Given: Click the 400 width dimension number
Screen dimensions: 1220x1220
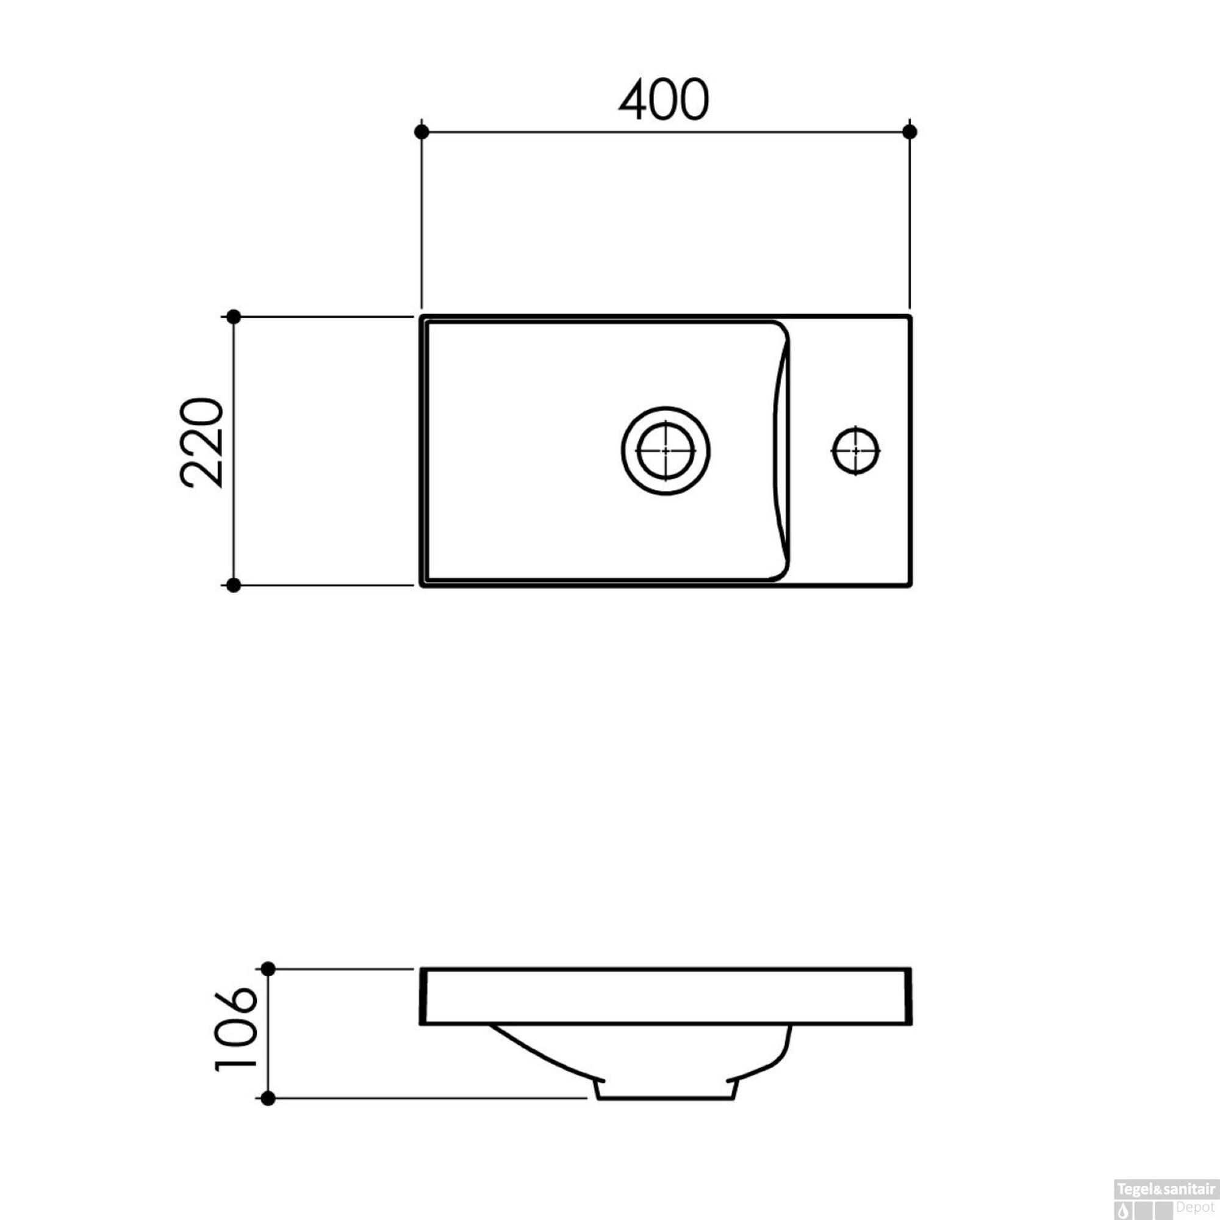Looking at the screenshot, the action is point(664,100).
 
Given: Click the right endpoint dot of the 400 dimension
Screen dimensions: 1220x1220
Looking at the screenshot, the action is point(910,132).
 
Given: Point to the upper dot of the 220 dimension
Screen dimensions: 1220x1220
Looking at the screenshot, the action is point(234,317).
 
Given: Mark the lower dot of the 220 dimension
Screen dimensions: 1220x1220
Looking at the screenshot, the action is point(234,586).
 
